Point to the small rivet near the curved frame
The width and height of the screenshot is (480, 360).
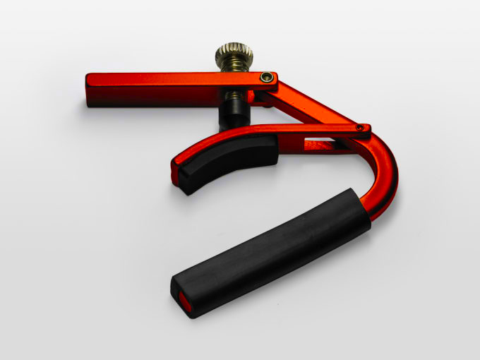coord(360,128)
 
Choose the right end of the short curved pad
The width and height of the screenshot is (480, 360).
coord(272,151)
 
